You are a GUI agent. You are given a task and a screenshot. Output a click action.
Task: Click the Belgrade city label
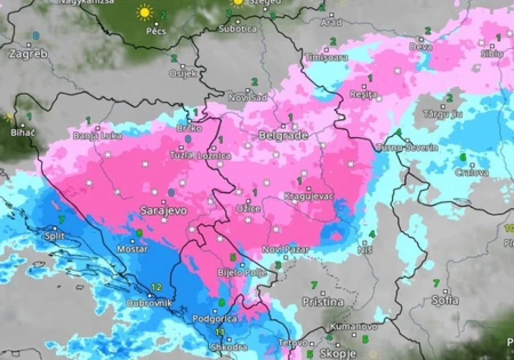(x=283, y=136)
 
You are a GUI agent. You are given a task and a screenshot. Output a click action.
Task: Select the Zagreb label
(x=28, y=54)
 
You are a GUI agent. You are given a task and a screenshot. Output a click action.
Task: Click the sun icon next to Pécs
(x=144, y=12)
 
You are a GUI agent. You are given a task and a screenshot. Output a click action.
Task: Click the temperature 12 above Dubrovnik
(x=156, y=287)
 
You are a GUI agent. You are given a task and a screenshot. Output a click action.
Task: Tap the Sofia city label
(x=445, y=300)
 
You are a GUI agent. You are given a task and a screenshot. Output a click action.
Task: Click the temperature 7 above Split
(x=61, y=219)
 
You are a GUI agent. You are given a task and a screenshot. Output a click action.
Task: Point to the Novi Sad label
(x=247, y=98)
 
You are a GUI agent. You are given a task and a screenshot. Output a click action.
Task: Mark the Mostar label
(x=132, y=249)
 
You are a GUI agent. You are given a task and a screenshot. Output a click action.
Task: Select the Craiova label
(x=472, y=172)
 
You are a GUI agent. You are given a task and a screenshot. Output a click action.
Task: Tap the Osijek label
(x=183, y=73)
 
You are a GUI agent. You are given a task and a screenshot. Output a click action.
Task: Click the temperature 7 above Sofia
(x=436, y=283)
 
